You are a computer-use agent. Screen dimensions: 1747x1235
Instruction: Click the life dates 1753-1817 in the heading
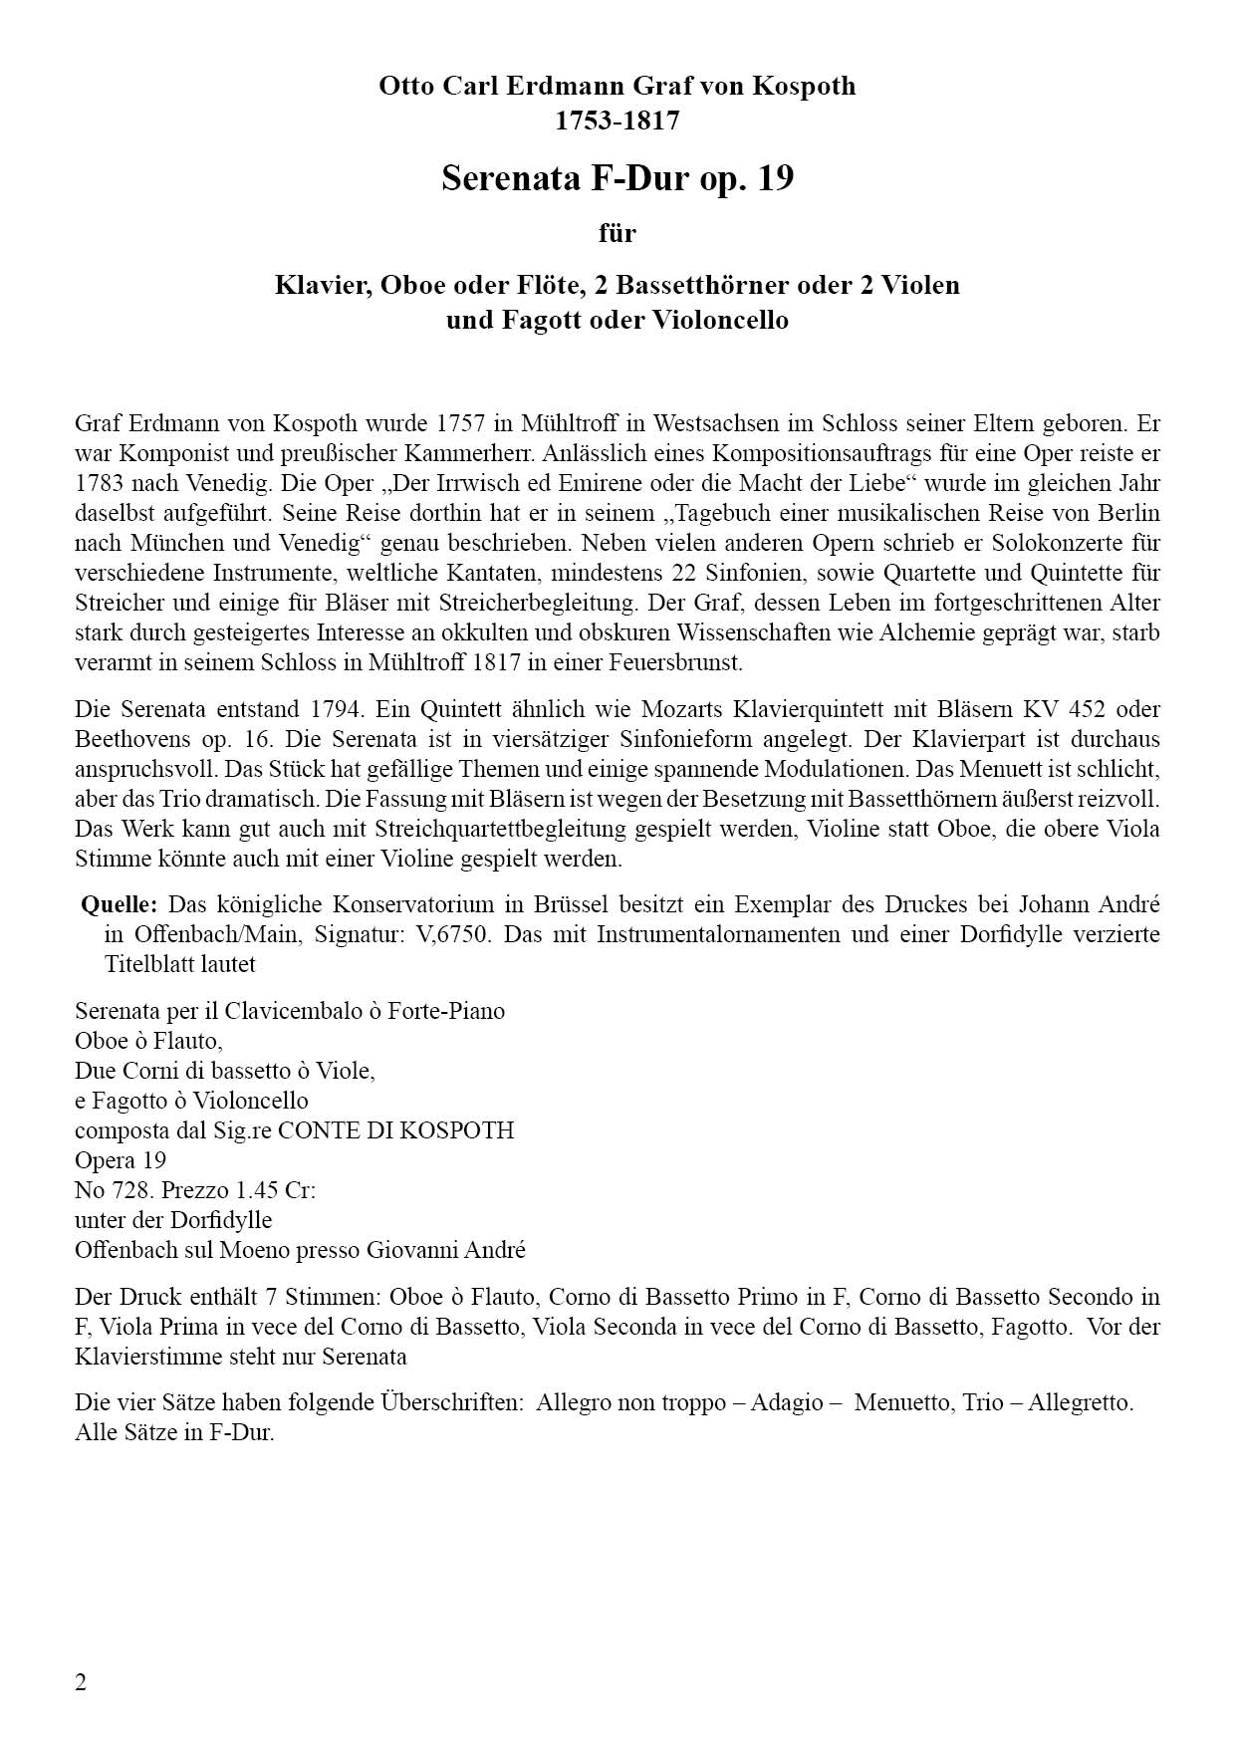(617, 121)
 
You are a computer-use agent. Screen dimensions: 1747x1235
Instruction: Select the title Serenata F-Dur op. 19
(617, 179)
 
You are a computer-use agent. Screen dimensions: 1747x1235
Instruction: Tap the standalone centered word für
(617, 234)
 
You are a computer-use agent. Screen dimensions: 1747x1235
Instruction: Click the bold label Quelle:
(120, 905)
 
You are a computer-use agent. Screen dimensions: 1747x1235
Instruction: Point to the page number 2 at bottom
(81, 1682)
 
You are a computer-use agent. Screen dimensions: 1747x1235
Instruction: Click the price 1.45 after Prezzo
(252, 1190)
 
